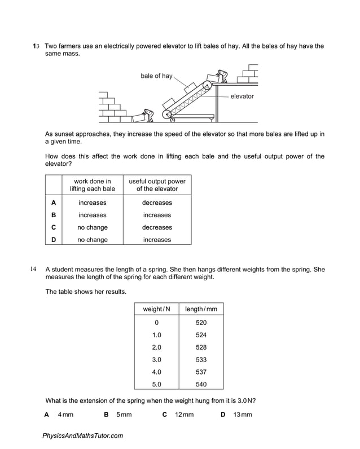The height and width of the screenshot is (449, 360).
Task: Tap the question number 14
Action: [x=33, y=270]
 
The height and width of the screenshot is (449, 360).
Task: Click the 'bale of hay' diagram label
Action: [x=156, y=76]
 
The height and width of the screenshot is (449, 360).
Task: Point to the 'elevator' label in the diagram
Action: [x=242, y=96]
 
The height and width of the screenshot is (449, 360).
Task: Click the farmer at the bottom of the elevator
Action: [x=148, y=116]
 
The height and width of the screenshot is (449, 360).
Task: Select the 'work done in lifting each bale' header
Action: [x=93, y=185]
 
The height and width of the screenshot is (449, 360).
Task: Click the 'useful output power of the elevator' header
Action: [x=157, y=185]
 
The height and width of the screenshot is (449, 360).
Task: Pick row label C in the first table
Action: [x=54, y=227]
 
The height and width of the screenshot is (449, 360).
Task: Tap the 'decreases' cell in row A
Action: [x=157, y=203]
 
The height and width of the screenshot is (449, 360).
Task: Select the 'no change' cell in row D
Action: [x=93, y=240]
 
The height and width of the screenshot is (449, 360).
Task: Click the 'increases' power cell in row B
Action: [x=157, y=215]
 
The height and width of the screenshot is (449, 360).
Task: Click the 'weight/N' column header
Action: [x=156, y=309]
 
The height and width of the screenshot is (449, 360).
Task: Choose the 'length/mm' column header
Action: [x=201, y=309]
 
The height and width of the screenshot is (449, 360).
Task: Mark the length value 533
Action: [x=201, y=359]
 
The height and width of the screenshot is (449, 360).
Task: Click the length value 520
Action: [x=201, y=323]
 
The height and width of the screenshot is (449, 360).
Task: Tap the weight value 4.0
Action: [x=156, y=372]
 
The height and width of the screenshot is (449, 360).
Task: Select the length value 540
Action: [x=201, y=384]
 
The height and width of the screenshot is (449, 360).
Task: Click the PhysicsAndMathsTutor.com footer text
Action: [x=82, y=435]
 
